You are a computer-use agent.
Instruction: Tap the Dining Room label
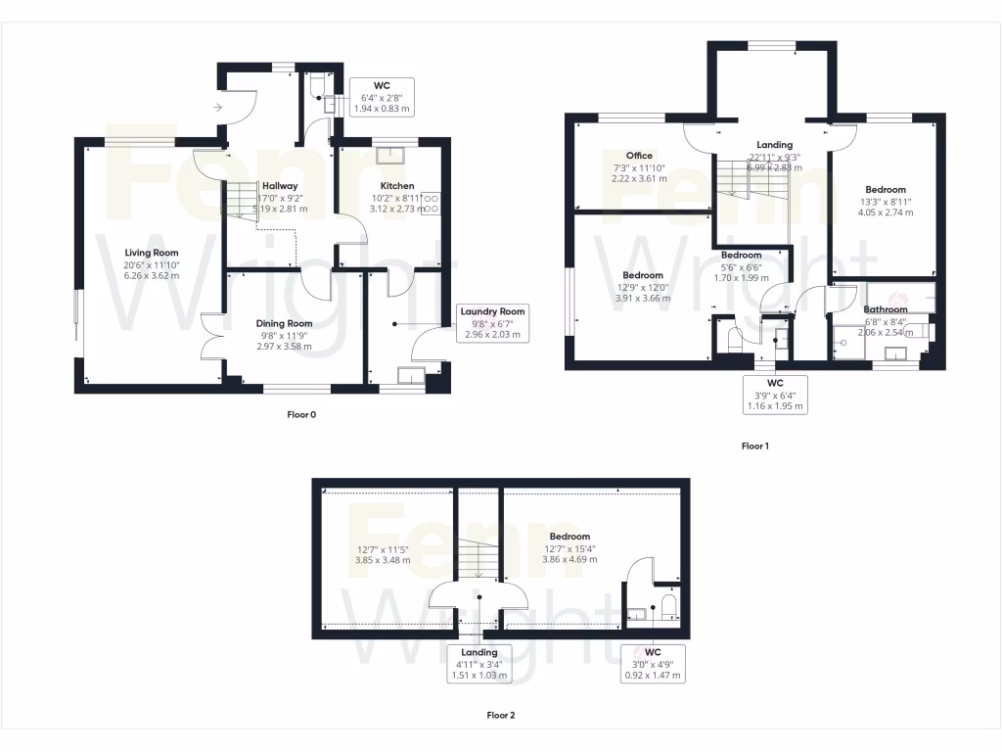(x=284, y=324)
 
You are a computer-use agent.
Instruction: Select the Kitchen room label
(x=397, y=186)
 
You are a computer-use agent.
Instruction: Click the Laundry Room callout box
(x=493, y=323)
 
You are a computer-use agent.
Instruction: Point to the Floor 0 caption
(x=301, y=414)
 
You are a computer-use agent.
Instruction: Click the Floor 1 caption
(x=754, y=446)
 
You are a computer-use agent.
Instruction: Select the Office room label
(x=639, y=156)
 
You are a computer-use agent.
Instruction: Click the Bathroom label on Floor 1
(x=885, y=309)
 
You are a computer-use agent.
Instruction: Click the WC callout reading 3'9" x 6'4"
(x=775, y=394)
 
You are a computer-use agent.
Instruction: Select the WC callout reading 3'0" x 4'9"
(x=653, y=664)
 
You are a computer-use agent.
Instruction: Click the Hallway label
(x=279, y=186)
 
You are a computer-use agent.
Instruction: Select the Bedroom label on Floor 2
(x=569, y=537)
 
